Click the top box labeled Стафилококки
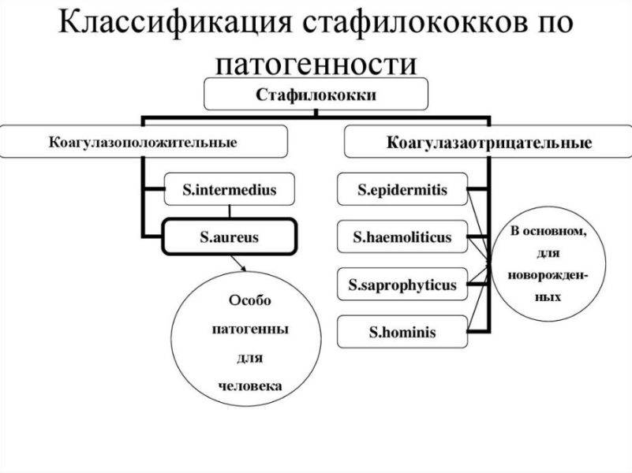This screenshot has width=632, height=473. [x=316, y=95]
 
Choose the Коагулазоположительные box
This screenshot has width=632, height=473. [x=143, y=143]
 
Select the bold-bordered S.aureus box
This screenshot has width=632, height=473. [x=229, y=236]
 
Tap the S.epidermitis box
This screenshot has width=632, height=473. [x=402, y=189]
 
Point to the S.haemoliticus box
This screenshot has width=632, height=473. [x=402, y=236]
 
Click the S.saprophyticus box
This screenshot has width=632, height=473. [x=402, y=285]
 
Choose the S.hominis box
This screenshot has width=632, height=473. [x=402, y=332]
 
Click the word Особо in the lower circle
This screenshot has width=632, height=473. [x=249, y=300]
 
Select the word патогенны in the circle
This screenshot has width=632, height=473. [x=249, y=329]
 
